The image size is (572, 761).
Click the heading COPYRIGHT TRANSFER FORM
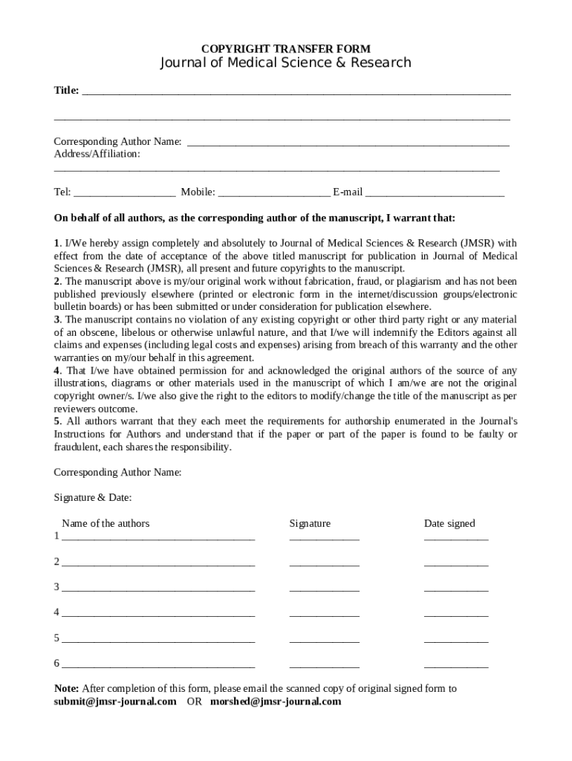click(x=286, y=49)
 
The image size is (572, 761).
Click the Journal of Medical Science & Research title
click(x=286, y=63)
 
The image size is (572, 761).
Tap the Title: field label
click(x=66, y=91)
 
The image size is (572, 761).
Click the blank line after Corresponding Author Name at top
click(x=348, y=143)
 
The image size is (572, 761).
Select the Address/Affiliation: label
click(x=97, y=154)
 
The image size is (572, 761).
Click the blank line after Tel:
click(x=124, y=193)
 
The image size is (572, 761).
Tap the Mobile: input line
click(x=274, y=193)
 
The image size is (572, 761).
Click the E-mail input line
click(x=435, y=193)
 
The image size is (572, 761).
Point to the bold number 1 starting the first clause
click(x=56, y=243)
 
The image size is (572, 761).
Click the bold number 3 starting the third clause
click(x=56, y=320)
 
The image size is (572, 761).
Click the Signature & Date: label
click(x=93, y=498)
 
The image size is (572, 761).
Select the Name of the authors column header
click(x=105, y=524)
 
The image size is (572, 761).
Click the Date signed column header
click(x=449, y=524)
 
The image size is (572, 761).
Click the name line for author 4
click(x=158, y=614)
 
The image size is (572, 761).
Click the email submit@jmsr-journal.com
click(x=115, y=702)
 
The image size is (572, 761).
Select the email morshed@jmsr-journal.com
click(x=276, y=702)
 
